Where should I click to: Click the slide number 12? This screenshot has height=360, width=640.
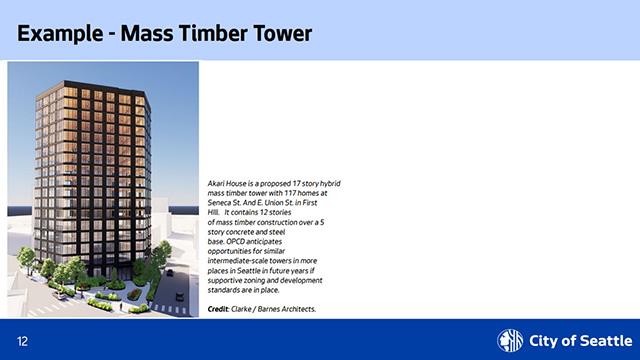22,340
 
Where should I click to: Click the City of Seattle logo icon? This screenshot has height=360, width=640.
510,339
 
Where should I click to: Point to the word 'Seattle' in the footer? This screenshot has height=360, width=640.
594,340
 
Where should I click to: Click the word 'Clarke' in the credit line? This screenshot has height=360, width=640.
243,309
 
